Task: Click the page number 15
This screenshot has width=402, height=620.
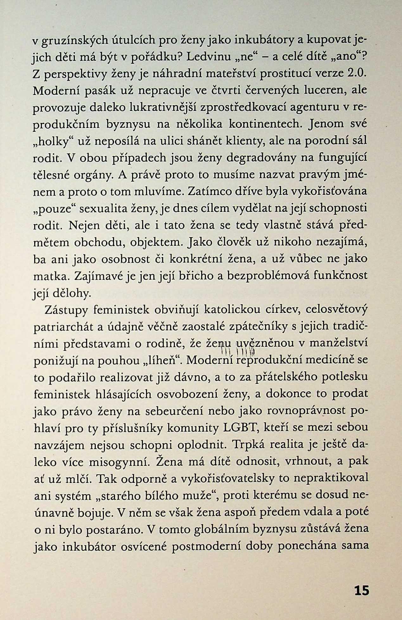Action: pyautogui.click(x=361, y=591)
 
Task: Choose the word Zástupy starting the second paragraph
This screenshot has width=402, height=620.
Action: pyautogui.click(x=66, y=310)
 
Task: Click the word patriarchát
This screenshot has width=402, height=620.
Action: pyautogui.click(x=63, y=326)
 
